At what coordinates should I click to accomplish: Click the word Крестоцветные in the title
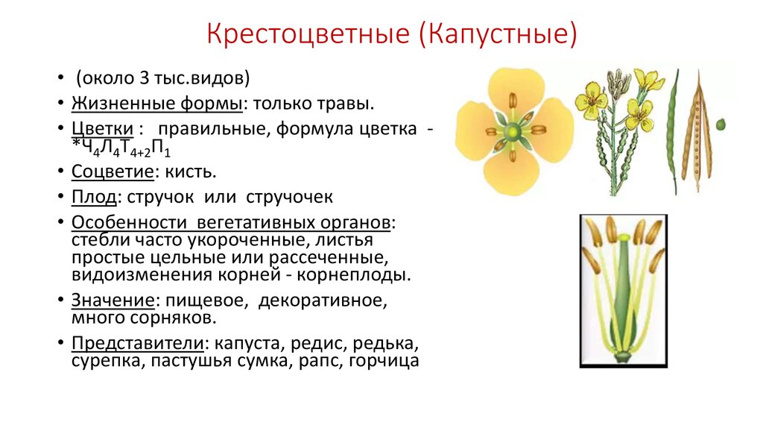tap(308, 34)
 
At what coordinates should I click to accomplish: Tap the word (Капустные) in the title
tap(497, 34)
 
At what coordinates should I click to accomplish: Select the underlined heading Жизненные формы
tap(157, 104)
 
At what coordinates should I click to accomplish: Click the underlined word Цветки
tap(102, 129)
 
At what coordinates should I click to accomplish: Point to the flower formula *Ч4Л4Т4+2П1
tap(121, 148)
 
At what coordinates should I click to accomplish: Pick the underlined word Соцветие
tap(113, 171)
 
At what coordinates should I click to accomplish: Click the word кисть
tap(191, 171)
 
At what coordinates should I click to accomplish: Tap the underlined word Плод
tap(94, 197)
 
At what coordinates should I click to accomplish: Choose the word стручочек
tap(290, 197)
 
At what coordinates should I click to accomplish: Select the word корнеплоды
tap(354, 275)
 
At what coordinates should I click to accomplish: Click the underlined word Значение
tap(113, 300)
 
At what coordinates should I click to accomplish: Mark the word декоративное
tap(323, 300)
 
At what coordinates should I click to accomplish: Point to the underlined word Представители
tap(138, 343)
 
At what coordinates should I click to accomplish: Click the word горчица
tap(384, 361)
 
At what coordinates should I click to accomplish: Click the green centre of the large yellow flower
tap(512, 131)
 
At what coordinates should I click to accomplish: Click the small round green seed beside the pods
tap(721, 125)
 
